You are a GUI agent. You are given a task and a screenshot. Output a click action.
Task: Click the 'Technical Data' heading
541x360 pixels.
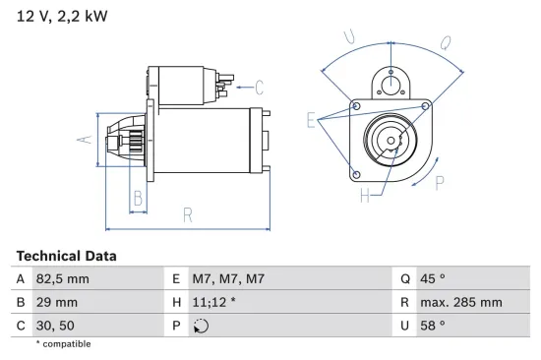tap(66, 256)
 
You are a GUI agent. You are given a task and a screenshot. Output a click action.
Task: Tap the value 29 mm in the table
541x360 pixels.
tap(57, 302)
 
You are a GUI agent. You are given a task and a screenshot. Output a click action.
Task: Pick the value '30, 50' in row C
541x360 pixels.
tap(54, 325)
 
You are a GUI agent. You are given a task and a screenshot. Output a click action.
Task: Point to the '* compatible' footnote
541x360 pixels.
tap(63, 344)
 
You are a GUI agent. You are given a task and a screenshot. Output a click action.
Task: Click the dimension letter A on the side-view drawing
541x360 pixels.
tap(85, 141)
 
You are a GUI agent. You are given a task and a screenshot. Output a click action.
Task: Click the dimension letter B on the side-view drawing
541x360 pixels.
tap(138, 198)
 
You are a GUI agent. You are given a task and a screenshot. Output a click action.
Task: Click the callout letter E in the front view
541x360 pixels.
tap(311, 120)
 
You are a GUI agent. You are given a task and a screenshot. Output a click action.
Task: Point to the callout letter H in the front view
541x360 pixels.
tap(365, 195)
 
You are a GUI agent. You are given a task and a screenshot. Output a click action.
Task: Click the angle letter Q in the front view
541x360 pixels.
tap(445, 42)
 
